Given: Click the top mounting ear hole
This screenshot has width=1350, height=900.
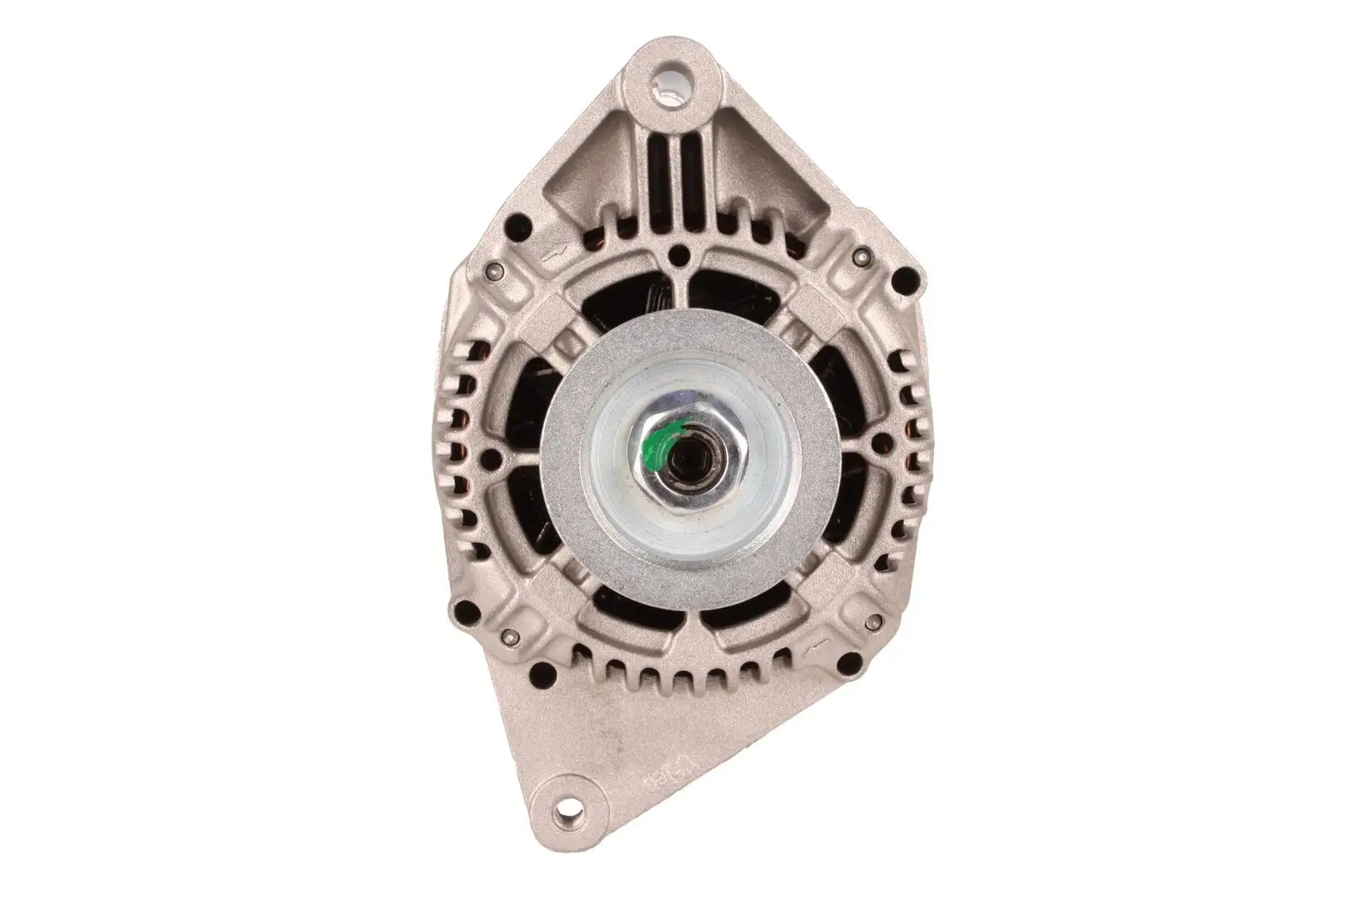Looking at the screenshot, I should (671, 82).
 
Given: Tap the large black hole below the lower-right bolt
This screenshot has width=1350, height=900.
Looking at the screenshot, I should (849, 663).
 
